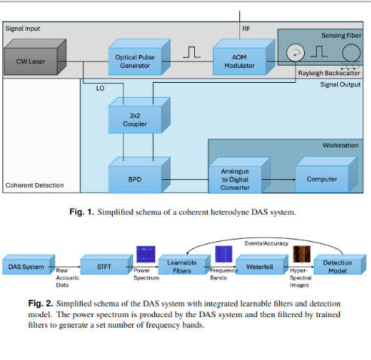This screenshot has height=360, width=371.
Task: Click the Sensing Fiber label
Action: (x=342, y=35)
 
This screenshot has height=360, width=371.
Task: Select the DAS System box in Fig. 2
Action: (x=26, y=267)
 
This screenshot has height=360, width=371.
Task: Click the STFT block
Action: (x=105, y=266)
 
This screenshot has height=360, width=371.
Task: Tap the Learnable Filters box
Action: (x=181, y=266)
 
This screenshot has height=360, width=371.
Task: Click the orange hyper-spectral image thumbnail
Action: (x=301, y=255)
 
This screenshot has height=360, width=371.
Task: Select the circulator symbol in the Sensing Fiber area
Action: (x=294, y=53)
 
